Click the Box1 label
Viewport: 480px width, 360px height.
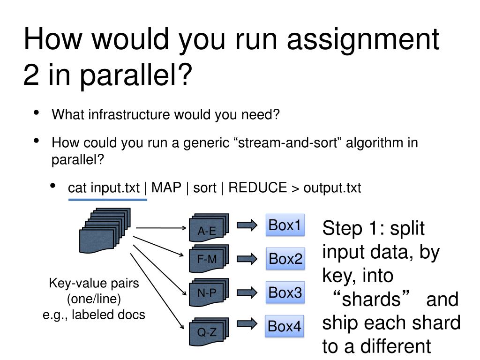pyautogui.click(x=285, y=225)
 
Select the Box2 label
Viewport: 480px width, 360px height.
pyautogui.click(x=285, y=259)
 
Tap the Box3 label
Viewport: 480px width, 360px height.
pyautogui.click(x=285, y=293)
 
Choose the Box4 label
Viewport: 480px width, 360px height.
pyautogui.click(x=285, y=326)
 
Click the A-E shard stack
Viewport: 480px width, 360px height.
pyautogui.click(x=208, y=229)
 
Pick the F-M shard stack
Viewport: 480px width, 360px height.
pyautogui.click(x=208, y=258)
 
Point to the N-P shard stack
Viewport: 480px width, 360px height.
pyautogui.click(x=208, y=292)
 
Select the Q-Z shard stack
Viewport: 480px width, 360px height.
pyautogui.click(x=208, y=331)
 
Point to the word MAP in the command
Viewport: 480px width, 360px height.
pyautogui.click(x=166, y=188)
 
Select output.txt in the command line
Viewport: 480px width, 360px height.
pyautogui.click(x=332, y=188)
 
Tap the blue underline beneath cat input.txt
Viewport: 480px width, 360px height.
pyautogui.click(x=108, y=200)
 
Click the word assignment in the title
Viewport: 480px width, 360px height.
pyautogui.click(x=363, y=39)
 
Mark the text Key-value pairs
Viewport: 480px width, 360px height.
pyautogui.click(x=94, y=284)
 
